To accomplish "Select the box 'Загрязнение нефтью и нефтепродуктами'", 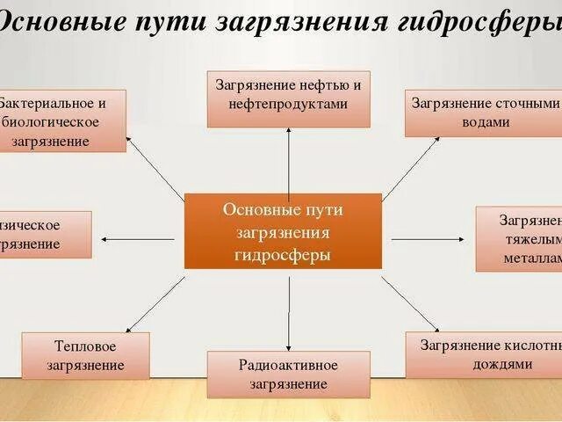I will point(288,94).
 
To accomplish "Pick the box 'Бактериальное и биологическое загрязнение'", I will point(61,121).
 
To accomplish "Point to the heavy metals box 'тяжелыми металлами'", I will point(520,238).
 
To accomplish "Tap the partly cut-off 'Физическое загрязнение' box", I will point(44,234).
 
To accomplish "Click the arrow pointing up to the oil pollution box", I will point(288,158).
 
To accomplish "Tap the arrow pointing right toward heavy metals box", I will point(426,237).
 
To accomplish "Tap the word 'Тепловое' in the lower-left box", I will point(85,346).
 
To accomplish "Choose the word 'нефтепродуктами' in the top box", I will point(288,104).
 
